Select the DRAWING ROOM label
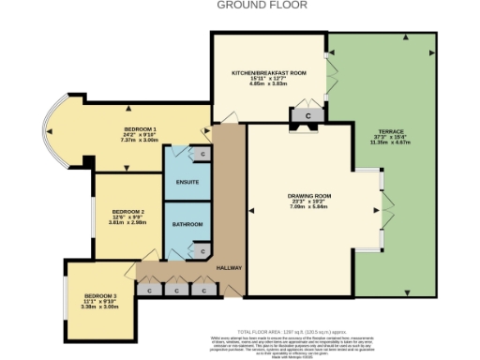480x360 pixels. (296, 195)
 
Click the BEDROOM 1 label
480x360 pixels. (140, 127)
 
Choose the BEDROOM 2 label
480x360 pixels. (127, 212)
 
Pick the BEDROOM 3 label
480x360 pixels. (100, 295)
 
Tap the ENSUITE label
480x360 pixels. (187, 182)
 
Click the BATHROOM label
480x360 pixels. (187, 226)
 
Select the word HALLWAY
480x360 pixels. (230, 268)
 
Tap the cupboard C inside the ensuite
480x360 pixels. (202, 153)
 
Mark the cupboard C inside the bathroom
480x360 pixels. (202, 250)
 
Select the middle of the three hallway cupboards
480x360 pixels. (176, 291)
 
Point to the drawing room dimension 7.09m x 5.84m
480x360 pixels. (296, 208)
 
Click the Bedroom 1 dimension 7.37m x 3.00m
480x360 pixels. (140, 140)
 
